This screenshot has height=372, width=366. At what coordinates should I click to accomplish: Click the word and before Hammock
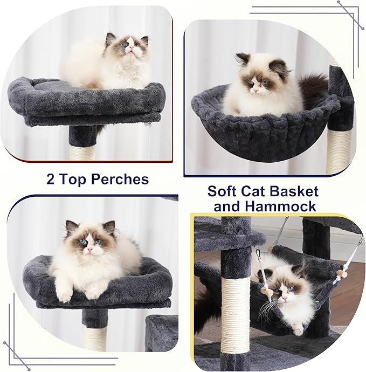[229, 206]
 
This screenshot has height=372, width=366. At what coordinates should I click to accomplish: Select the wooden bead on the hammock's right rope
[340, 274]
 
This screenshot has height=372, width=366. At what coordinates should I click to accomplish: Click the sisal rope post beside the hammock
[236, 313]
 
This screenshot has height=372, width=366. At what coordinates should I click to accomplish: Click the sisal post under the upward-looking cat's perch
[82, 152]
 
